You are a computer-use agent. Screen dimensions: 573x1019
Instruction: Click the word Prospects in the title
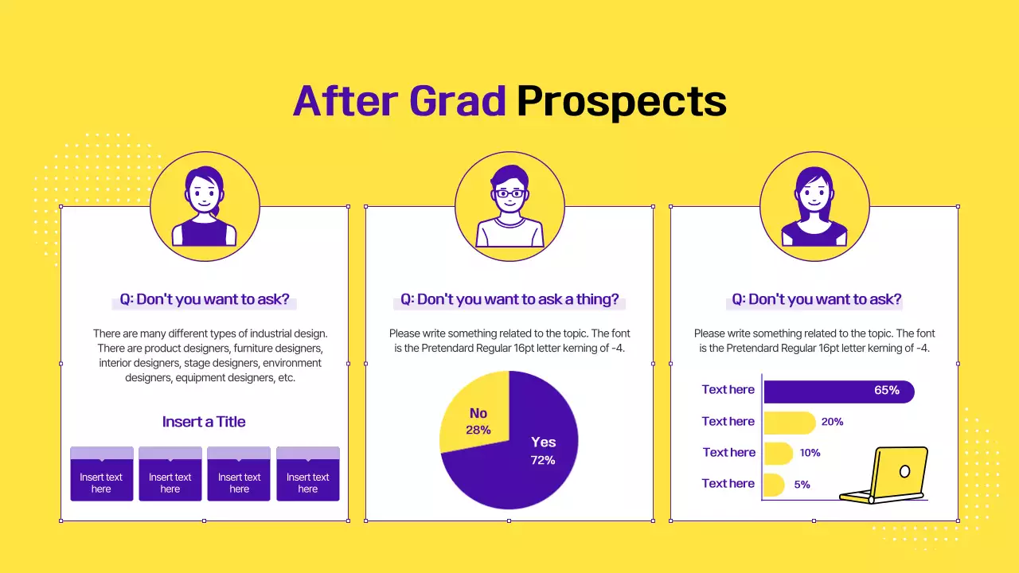pyautogui.click(x=621, y=102)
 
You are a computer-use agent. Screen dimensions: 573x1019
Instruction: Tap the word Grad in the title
pyautogui.click(x=457, y=102)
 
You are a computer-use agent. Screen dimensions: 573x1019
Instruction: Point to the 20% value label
pyautogui.click(x=832, y=422)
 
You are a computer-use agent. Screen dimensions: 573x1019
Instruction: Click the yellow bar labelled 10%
pyautogui.click(x=778, y=454)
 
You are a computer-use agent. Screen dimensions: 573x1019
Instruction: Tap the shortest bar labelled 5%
pyautogui.click(x=773, y=484)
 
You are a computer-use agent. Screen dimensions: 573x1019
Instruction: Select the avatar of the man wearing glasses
pyautogui.click(x=509, y=205)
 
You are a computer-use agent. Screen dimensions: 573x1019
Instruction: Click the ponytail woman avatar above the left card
pyautogui.click(x=205, y=206)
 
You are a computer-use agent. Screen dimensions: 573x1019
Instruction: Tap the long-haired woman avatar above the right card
pyautogui.click(x=814, y=205)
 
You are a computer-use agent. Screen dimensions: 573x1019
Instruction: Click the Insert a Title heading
pyautogui.click(x=204, y=422)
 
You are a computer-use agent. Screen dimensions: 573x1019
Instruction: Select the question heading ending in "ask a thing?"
pyautogui.click(x=509, y=300)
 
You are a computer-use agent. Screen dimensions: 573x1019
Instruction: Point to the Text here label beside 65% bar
pyautogui.click(x=728, y=390)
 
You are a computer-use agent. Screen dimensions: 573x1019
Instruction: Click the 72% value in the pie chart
pyautogui.click(x=543, y=460)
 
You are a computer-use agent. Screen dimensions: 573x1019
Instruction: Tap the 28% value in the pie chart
pyautogui.click(x=478, y=430)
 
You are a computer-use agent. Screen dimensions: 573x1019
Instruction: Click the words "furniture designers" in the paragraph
pyautogui.click(x=274, y=349)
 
